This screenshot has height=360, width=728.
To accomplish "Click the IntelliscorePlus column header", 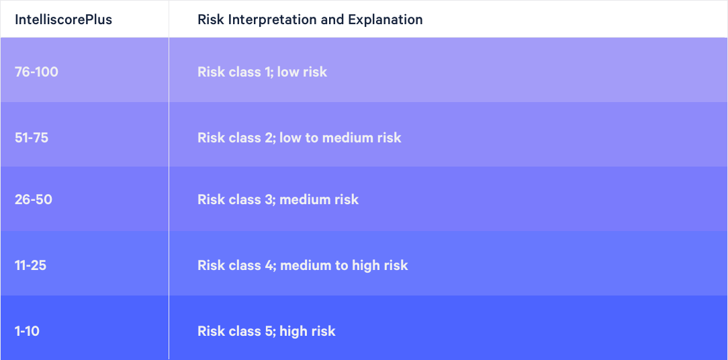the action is (x=63, y=19).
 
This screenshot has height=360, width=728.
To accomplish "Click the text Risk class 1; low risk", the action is (x=263, y=72).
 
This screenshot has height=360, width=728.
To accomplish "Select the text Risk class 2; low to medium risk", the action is (x=300, y=138).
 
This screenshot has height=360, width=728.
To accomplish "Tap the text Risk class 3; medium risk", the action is (x=278, y=199).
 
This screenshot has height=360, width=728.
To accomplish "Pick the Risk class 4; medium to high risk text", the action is (x=303, y=266).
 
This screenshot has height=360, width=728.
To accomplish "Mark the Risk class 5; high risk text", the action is (x=267, y=331).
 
